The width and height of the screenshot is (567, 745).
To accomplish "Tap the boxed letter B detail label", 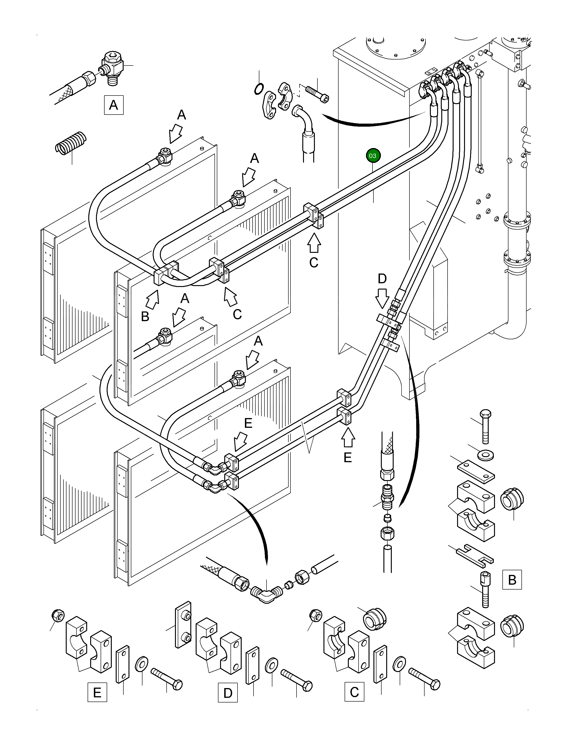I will tap(512, 580).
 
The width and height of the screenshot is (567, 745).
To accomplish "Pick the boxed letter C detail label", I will tap(354, 692).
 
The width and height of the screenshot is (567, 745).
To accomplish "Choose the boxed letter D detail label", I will tap(228, 693).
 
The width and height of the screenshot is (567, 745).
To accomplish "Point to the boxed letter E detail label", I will tap(97, 692).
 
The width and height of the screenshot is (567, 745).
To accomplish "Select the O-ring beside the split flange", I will tap(259, 89).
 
